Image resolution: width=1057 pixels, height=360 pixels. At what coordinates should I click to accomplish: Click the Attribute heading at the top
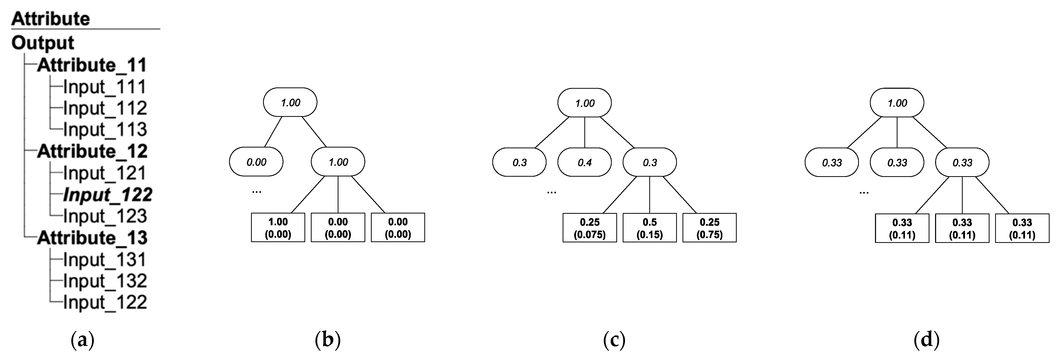click(50, 19)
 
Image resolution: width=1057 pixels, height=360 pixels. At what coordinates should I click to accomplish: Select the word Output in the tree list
click(43, 43)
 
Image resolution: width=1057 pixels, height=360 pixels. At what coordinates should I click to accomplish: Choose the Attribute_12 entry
click(92, 151)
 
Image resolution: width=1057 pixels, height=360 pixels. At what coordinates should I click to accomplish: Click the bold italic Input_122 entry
click(108, 195)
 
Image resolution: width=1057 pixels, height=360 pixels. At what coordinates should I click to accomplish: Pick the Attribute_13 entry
click(92, 238)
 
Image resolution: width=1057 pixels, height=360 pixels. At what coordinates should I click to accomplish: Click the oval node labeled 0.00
click(256, 162)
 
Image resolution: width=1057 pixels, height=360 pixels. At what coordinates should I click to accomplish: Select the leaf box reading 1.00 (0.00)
click(278, 228)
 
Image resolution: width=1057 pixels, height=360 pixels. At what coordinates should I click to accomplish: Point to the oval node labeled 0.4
click(584, 163)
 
